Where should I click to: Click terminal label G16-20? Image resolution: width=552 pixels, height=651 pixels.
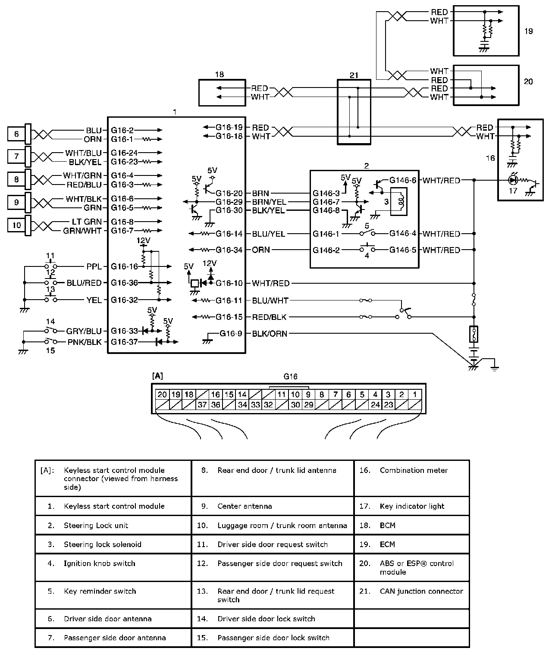coord(229,194)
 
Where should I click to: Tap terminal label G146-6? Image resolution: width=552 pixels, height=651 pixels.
coord(403,180)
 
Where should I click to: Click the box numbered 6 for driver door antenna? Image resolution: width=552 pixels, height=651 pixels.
coord(16,134)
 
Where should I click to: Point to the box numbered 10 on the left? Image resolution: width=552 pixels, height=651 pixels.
coord(16,225)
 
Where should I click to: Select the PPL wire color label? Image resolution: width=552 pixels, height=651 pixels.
coord(94,266)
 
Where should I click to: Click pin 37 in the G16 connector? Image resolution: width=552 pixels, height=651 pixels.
coord(202,405)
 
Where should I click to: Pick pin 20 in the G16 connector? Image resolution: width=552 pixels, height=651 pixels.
coord(162,394)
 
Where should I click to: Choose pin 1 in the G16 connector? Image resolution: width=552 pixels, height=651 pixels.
coord(415,394)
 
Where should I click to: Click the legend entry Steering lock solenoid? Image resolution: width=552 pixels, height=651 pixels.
coord(102,545)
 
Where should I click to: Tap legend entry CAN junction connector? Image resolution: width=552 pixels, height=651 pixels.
coord(421,591)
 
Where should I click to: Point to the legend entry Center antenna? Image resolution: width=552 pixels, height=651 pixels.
coord(245,506)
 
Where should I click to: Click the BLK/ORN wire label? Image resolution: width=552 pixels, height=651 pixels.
coord(270,334)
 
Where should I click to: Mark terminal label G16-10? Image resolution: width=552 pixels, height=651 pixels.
coord(229,283)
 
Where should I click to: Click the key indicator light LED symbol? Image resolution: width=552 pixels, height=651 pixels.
coord(513,180)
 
